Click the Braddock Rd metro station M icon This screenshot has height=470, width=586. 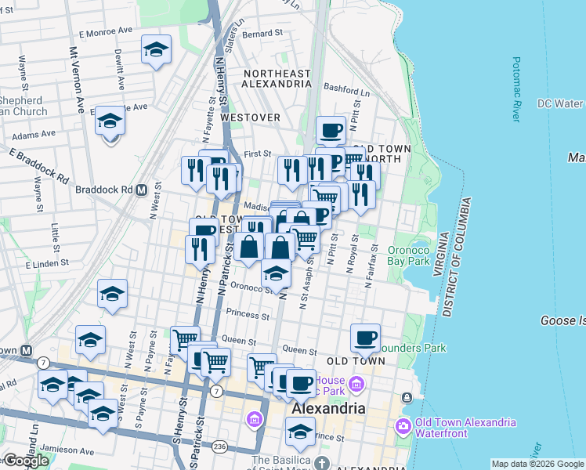142,190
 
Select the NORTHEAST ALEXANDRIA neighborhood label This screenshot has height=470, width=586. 277,78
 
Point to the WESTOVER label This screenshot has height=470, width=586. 250,117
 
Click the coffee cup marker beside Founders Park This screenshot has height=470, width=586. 365,338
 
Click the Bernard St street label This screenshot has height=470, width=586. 262,34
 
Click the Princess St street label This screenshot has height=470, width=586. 247,314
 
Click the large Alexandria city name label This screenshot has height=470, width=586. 328,409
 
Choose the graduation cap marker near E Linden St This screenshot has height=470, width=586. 112,295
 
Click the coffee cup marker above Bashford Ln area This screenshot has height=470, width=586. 331,129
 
